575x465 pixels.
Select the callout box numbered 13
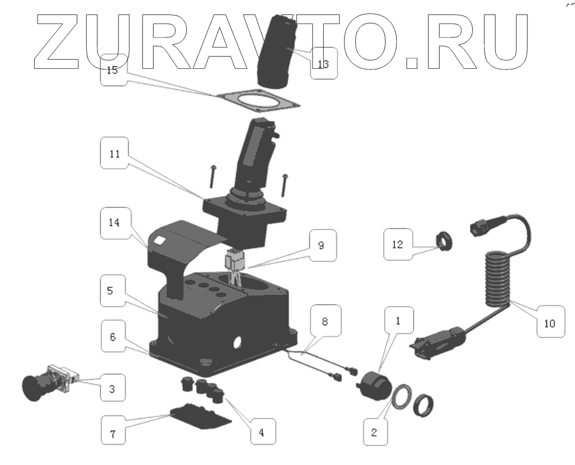click(323, 64)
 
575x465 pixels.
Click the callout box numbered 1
click(398, 322)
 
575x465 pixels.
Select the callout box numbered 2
click(375, 431)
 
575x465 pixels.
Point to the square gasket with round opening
click(257, 104)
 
